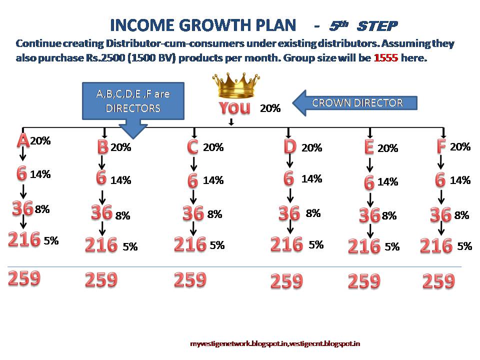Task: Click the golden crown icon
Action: pyautogui.click(x=234, y=86)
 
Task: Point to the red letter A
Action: pyautogui.click(x=22, y=141)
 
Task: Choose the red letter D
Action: pyautogui.click(x=289, y=147)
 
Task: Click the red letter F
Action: pyautogui.click(x=441, y=147)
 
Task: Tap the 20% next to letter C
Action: pyautogui.click(x=213, y=147)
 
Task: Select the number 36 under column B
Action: pyautogui.click(x=101, y=212)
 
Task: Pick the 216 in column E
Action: pyautogui.click(x=364, y=246)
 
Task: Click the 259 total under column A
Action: pyautogui.click(x=23, y=277)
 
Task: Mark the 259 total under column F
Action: pyautogui.click(x=438, y=281)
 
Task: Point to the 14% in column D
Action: pyautogui.click(x=312, y=179)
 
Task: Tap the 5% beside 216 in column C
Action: pyautogui.click(x=217, y=245)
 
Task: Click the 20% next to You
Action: pyautogui.click(x=270, y=108)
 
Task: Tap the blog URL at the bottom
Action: pyautogui.click(x=275, y=343)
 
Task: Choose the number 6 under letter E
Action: pyautogui.click(x=369, y=182)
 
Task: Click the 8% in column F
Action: pyautogui.click(x=461, y=215)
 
